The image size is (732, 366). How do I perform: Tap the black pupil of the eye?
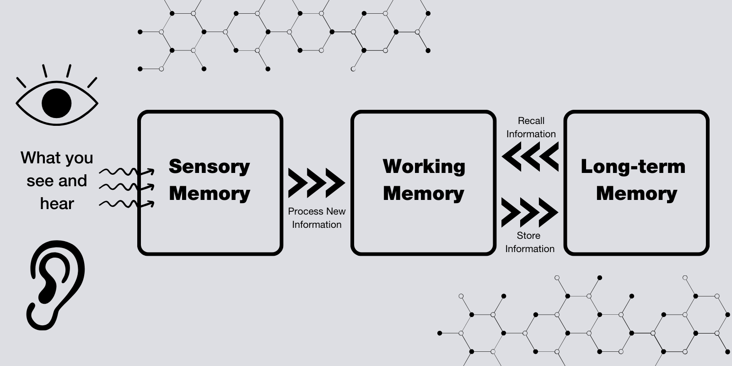57,103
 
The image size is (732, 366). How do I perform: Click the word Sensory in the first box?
210,167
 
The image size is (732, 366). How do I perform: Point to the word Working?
424,167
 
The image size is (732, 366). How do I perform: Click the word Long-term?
633,167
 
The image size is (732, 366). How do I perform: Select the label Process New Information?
317,218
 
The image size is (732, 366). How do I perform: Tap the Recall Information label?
531,127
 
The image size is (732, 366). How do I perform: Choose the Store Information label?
529,242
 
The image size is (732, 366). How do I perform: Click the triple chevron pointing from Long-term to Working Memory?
530,156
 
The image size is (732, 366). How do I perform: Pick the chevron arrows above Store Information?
529,213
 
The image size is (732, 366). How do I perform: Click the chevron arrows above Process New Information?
316,183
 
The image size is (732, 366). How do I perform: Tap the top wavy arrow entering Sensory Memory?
127,172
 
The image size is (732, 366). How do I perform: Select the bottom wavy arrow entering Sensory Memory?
127,204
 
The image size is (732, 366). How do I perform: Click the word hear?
57,204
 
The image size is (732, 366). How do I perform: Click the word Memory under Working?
424,194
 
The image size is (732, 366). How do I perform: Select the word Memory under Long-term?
636,194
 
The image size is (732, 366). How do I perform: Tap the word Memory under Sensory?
210,194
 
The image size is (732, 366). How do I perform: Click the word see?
38,181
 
